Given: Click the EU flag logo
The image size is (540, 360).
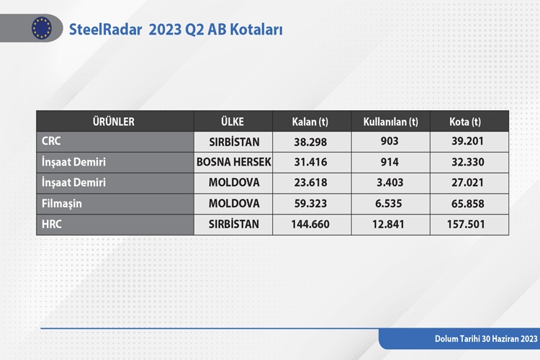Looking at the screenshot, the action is [42, 28].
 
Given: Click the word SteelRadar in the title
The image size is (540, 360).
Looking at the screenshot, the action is [105, 30].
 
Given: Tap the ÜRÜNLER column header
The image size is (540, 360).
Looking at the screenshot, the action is [113, 122].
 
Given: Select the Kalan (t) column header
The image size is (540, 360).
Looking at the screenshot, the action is [310, 122].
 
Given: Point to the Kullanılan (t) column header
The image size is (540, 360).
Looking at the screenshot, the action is [390, 122].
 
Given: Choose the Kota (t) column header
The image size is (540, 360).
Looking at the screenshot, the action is [465, 122].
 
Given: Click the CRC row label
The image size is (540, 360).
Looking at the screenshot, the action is [51, 141].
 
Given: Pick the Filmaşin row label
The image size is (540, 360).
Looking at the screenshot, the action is [62, 204].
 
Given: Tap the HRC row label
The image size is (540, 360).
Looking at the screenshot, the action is [52, 224].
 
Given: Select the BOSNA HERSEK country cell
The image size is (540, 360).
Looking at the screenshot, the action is [234, 162].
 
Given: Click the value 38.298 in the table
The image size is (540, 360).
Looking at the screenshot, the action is [310, 142].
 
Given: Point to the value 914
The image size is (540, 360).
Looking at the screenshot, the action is [390, 162].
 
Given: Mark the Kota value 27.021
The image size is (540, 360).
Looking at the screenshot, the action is [467, 183].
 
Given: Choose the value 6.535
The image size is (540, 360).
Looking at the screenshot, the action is [389, 203].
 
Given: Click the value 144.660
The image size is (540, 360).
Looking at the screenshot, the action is [310, 224].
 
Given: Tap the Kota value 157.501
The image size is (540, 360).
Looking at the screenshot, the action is [466, 224].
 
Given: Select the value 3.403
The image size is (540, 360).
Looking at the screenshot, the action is [390, 183].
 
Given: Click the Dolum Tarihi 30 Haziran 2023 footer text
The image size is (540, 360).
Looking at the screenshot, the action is [486, 338].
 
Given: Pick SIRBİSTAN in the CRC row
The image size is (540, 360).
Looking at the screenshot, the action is [234, 142].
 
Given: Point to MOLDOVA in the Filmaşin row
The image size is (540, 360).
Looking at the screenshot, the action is [234, 203].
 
